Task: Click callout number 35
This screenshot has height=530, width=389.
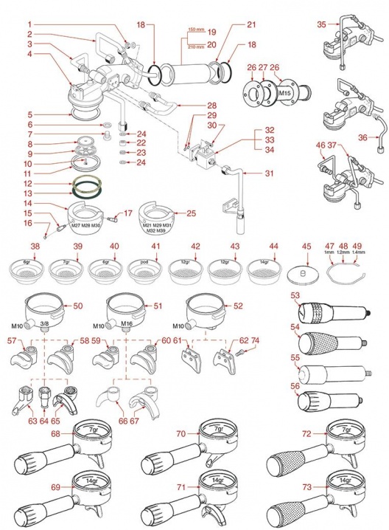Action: coord(320,24)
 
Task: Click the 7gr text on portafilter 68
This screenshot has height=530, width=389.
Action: coord(93,429)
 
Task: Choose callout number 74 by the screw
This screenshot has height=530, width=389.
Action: coord(256,341)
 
